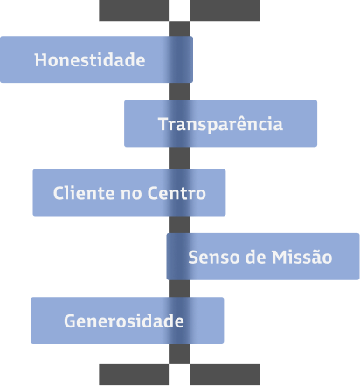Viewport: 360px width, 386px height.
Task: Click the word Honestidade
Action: click(x=90, y=60)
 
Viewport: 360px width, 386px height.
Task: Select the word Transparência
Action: click(x=220, y=124)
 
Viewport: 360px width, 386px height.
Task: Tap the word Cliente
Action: click(x=84, y=193)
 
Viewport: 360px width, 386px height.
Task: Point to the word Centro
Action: click(x=177, y=193)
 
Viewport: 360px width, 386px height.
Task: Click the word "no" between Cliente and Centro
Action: click(x=131, y=194)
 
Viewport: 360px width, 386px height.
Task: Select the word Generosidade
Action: click(x=124, y=321)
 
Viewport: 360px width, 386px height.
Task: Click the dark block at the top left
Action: click(x=134, y=10)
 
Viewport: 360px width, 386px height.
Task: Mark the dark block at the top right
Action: click(x=225, y=10)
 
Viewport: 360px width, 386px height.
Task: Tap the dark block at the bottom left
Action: click(x=134, y=375)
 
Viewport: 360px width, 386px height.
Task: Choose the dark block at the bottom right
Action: click(x=225, y=375)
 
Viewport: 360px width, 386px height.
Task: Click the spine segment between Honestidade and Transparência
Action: click(x=179, y=92)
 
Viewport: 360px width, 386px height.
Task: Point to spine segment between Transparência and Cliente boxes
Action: click(x=179, y=158)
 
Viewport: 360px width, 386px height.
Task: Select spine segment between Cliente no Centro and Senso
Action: click(x=179, y=224)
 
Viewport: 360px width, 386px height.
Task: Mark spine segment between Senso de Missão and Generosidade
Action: click(x=179, y=289)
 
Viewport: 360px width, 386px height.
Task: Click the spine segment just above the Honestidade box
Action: click(x=179, y=29)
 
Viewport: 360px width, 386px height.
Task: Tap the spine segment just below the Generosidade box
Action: click(x=179, y=354)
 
